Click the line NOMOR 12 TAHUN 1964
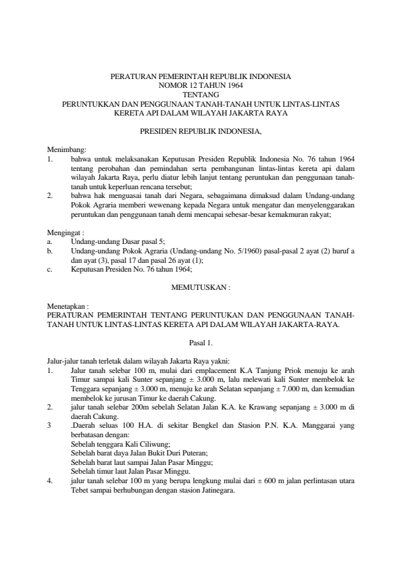[x=201, y=86]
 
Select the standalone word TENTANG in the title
[x=201, y=95]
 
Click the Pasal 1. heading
[x=201, y=343]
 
